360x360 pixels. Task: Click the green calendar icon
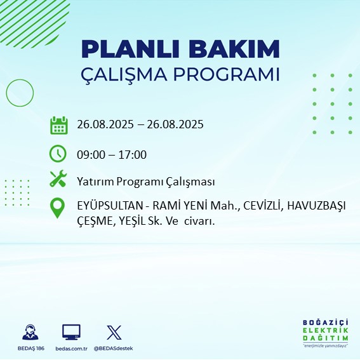pyautogui.click(x=58, y=125)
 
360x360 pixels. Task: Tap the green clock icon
pyautogui.click(x=58, y=154)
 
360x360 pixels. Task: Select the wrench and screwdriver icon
pyautogui.click(x=58, y=180)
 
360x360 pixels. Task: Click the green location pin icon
pyautogui.click(x=58, y=208)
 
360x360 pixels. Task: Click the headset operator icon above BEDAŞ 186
pyautogui.click(x=29, y=332)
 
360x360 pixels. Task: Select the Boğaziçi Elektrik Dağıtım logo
pyautogui.click(x=325, y=333)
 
